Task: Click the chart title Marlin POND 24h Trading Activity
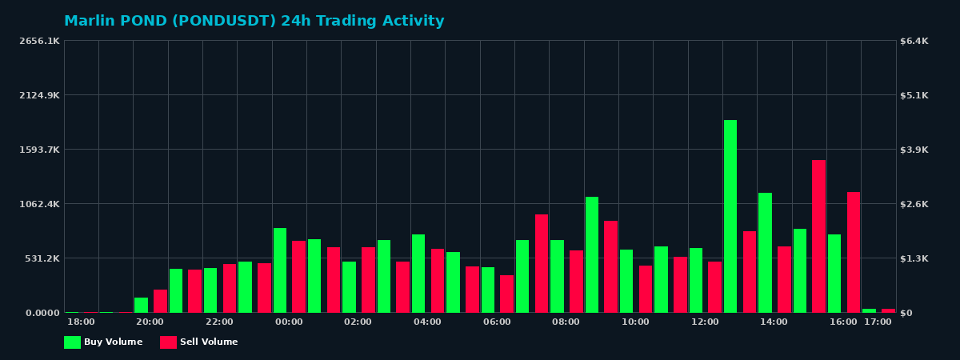[x=254, y=22]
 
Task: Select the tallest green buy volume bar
[x=730, y=216]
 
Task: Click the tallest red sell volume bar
[x=818, y=236]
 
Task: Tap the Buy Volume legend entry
[x=103, y=342]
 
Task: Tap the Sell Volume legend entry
[x=199, y=342]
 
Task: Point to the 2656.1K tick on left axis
[x=39, y=41]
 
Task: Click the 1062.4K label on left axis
[x=39, y=204]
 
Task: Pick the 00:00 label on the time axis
[x=289, y=322]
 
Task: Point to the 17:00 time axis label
[x=878, y=322]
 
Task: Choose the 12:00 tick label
[x=705, y=322]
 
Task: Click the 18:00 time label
[x=81, y=322]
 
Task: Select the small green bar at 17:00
[x=869, y=310]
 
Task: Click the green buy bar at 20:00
[x=141, y=305]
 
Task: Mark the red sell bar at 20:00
[x=160, y=301]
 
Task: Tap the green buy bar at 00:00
[x=280, y=270]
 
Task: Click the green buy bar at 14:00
[x=765, y=253]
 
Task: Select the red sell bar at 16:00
[x=854, y=252]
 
